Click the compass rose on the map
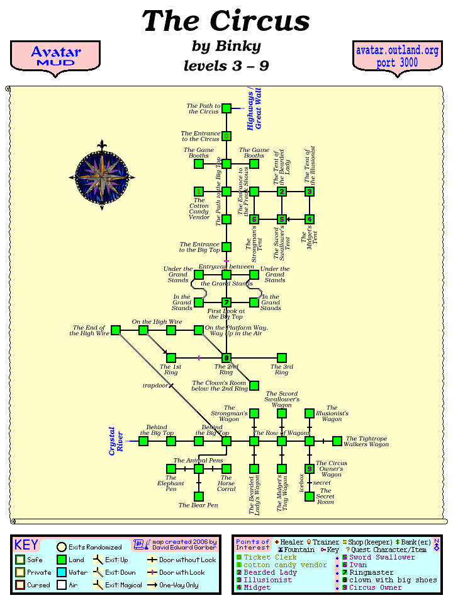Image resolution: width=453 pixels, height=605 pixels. pos(102,176)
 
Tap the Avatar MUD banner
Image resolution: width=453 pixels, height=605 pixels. pos(55,56)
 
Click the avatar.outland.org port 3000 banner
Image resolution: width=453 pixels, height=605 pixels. pos(396,57)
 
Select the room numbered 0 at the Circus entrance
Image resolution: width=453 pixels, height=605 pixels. pos(226,136)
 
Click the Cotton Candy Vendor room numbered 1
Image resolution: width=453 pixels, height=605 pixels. pos(199,192)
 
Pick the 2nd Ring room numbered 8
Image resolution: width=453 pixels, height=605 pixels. pos(226,358)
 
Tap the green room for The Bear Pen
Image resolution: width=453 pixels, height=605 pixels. pos(199,497)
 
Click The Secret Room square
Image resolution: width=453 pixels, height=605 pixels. pos(310,497)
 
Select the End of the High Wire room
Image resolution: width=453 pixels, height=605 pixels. pos(116,330)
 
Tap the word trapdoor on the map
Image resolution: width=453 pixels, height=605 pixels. pos(155,385)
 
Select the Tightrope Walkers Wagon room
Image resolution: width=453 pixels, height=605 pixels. pos(337,441)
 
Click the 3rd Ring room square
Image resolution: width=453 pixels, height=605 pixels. pos(282,358)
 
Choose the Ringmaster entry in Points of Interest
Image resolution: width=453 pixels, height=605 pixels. pos(371,573)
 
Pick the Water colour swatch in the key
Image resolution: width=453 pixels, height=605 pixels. pos(62,572)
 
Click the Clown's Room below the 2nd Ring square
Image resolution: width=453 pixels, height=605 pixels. pos(254,386)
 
